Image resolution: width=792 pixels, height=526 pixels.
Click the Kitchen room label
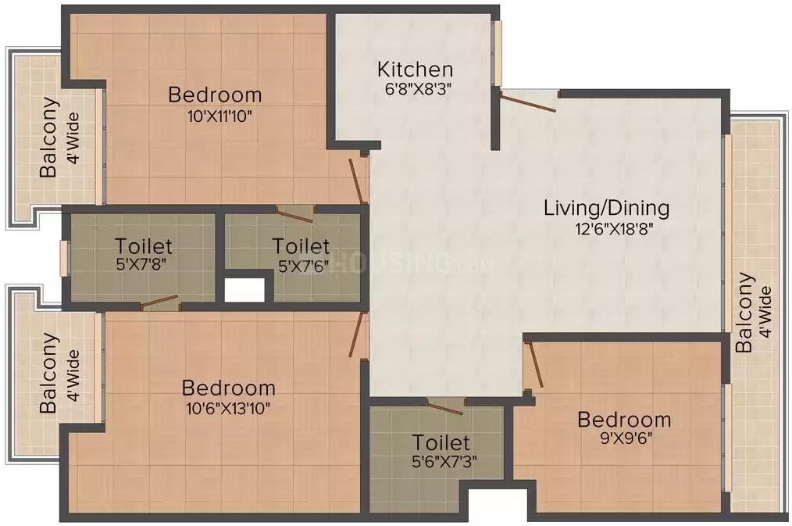pos(414,70)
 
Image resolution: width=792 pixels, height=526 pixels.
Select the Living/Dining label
pos(606,209)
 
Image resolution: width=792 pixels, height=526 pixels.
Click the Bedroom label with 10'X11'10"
pos(215,95)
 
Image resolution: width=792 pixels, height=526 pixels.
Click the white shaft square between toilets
pos(244,288)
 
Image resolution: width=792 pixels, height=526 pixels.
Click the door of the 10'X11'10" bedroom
pos(357,181)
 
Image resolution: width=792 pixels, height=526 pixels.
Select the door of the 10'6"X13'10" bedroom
pos(357,335)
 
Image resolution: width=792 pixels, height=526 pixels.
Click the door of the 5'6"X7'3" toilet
pos(444,406)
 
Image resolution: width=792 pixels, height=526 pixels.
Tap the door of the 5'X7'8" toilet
pos(159,302)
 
